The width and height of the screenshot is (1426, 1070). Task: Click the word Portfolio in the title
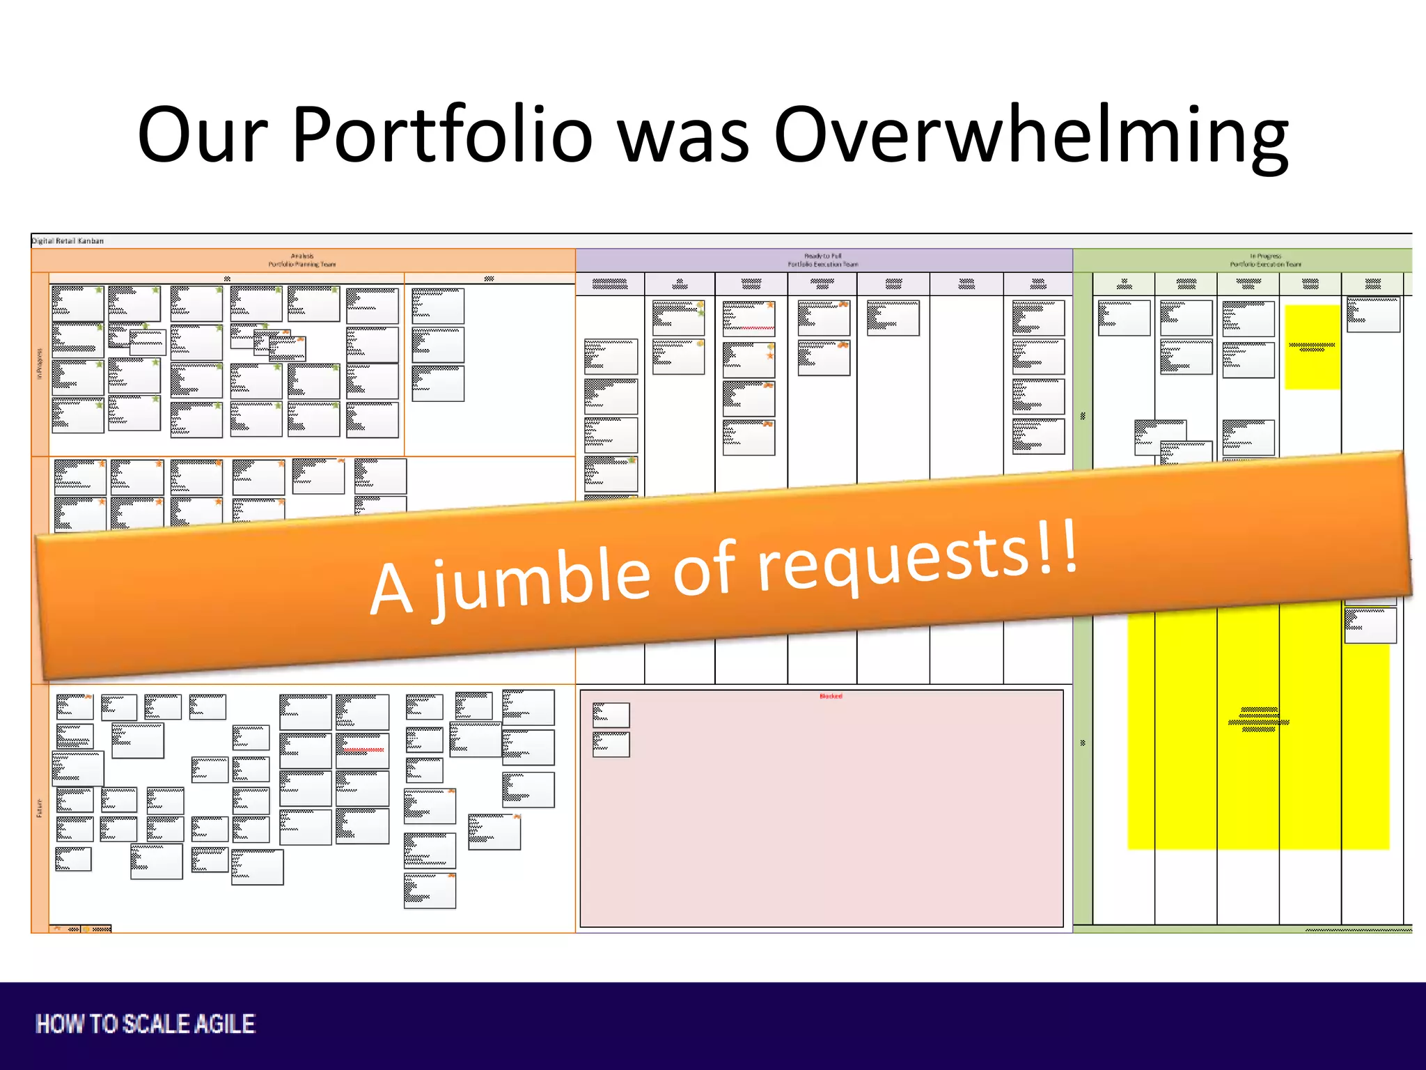click(441, 134)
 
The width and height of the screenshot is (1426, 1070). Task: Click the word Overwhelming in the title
click(1031, 134)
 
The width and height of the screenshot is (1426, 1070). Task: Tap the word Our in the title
click(202, 134)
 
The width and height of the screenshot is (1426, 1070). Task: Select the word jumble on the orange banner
click(543, 578)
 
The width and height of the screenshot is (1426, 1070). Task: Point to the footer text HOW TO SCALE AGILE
click(146, 1024)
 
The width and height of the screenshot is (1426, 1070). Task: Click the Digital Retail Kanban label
click(68, 241)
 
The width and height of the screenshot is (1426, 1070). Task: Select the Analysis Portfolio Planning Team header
click(302, 261)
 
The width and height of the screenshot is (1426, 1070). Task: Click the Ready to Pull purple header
click(823, 261)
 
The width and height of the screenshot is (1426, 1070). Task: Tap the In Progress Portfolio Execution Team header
click(1264, 261)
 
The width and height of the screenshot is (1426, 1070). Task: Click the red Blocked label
click(831, 696)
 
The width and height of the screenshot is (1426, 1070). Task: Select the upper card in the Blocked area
click(611, 715)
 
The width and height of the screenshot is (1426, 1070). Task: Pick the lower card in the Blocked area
click(611, 744)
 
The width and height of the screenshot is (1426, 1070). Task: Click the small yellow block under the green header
click(1312, 346)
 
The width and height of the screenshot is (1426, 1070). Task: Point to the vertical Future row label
click(40, 808)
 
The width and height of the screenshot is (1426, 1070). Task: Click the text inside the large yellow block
click(1258, 720)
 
